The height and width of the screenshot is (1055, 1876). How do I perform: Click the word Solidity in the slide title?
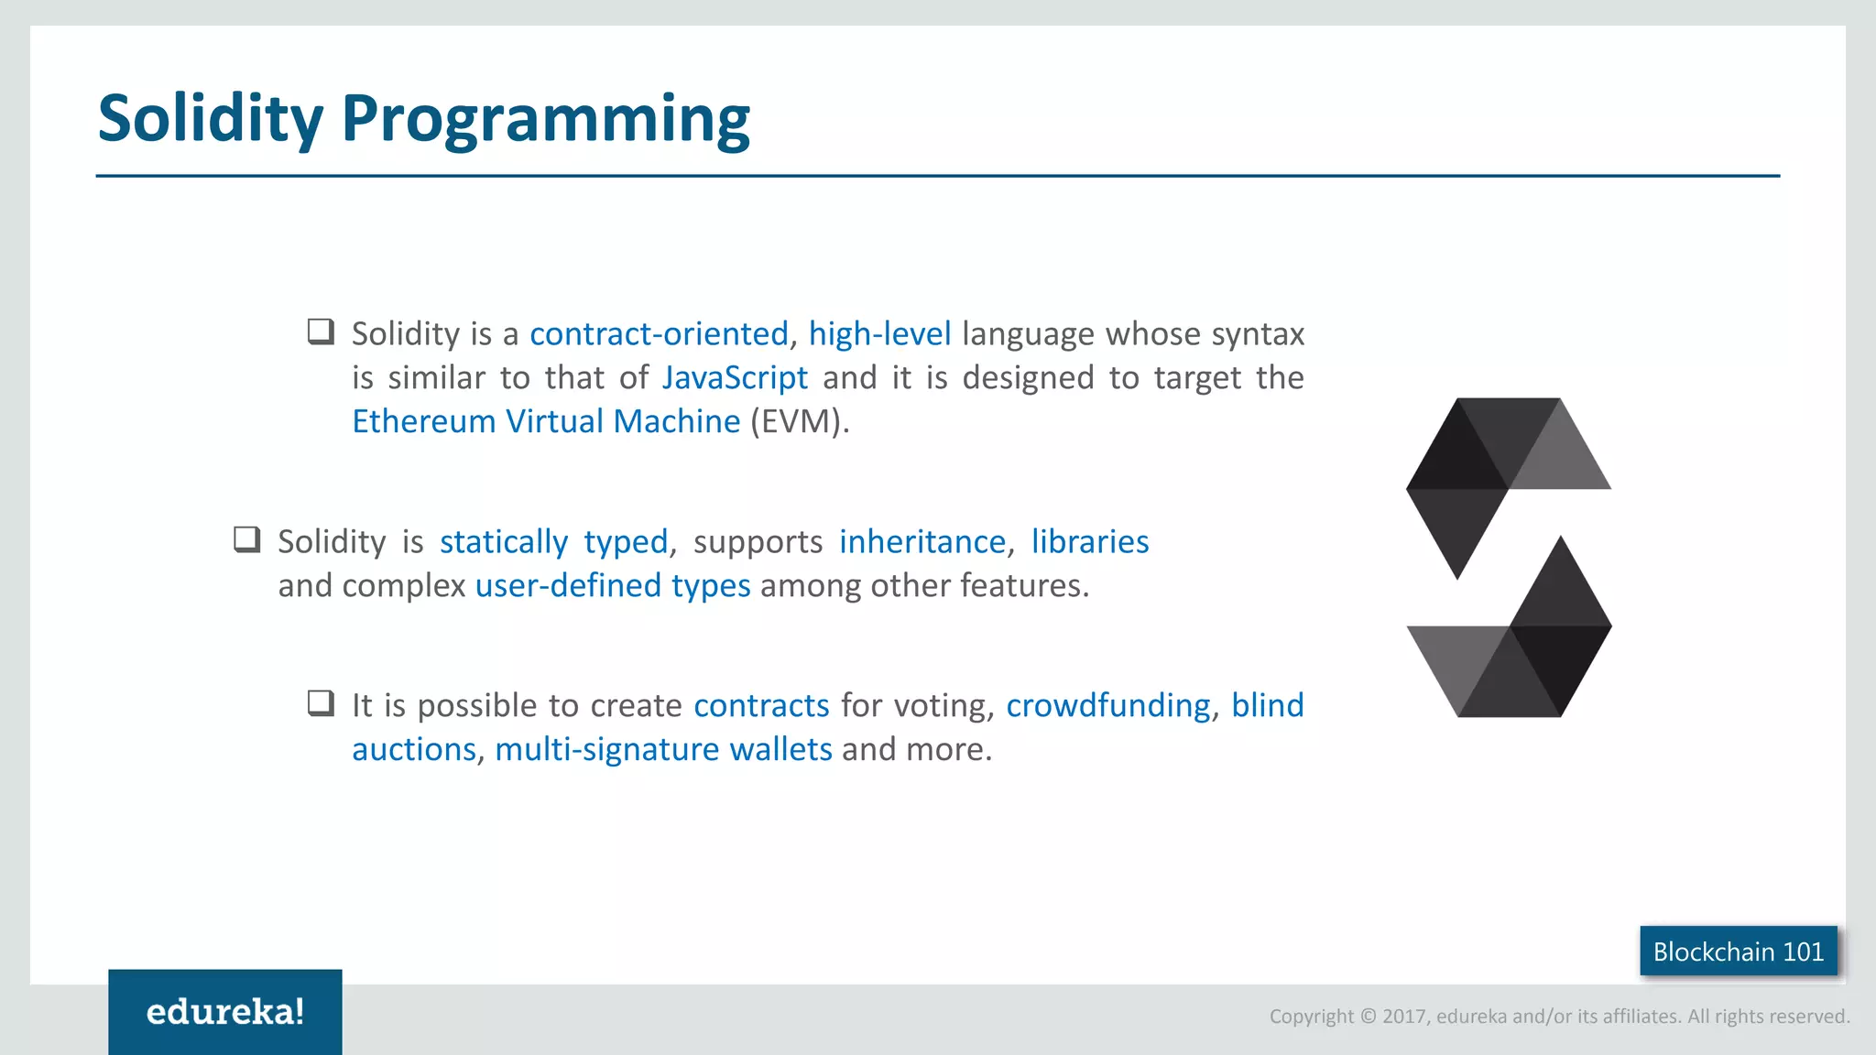click(x=211, y=119)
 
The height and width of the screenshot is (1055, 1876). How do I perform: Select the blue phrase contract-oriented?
click(x=659, y=334)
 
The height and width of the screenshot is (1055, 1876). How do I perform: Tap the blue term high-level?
click(x=879, y=334)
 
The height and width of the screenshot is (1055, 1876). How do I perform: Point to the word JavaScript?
click(x=735, y=378)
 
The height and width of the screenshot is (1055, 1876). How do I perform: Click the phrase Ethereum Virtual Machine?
click(x=546, y=422)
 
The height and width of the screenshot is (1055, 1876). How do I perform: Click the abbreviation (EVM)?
click(x=799, y=422)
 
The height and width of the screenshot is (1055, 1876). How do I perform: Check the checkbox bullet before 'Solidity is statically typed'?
click(x=247, y=539)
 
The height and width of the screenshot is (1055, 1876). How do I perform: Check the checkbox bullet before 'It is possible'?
click(x=321, y=703)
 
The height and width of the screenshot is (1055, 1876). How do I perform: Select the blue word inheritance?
click(x=922, y=542)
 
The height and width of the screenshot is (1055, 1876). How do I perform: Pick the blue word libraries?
click(x=1090, y=542)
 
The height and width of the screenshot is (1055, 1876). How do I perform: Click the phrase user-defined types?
click(x=613, y=586)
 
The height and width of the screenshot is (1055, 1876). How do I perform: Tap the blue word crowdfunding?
click(x=1108, y=706)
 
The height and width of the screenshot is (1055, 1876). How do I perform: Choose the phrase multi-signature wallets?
click(x=663, y=750)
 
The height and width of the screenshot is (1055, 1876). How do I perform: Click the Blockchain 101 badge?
click(x=1738, y=952)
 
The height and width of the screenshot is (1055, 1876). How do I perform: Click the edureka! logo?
click(x=225, y=1012)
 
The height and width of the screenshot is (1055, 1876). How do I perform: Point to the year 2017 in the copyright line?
click(x=1403, y=1017)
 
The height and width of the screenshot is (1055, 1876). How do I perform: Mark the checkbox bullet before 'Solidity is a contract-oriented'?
click(x=321, y=332)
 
